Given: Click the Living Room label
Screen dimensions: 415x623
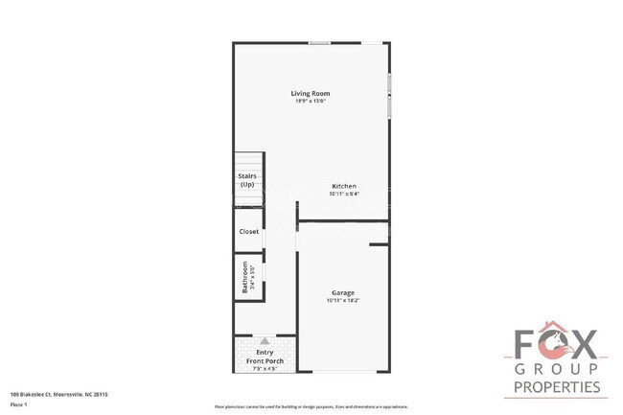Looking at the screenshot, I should coord(317,93).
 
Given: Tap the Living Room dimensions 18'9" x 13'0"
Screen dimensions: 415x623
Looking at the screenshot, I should coord(317,101).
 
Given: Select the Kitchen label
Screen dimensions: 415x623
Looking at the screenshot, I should coord(344,186).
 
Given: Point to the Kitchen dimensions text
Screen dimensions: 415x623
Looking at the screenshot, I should coord(344,194).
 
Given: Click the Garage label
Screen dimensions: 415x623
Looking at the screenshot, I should coord(343,292).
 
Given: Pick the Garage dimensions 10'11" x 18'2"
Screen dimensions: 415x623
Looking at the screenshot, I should coord(343,300).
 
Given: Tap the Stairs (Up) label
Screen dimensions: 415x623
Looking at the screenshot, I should coord(246,180).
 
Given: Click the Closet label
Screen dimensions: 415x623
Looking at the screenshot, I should coord(248,231).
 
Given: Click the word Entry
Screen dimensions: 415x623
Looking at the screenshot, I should coord(265,352).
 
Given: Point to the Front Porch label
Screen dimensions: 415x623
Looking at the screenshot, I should coord(265,360).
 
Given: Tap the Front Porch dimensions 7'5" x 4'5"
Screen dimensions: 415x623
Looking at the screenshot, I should coord(265,368).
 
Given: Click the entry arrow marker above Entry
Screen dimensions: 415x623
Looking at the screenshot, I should coord(265,340).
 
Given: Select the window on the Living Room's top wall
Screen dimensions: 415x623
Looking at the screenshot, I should coord(319,42).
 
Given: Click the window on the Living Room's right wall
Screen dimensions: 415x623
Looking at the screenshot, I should coord(389,96).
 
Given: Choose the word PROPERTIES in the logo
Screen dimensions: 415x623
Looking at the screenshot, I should coord(557,387).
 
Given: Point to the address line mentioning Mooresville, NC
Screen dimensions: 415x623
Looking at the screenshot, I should coord(59,393).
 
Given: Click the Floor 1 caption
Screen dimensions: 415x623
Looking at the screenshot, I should coord(18,404).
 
